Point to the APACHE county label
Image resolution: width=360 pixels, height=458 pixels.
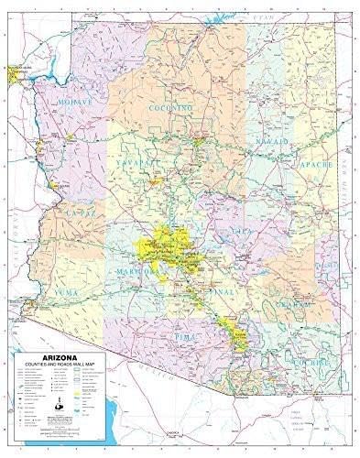[313, 164]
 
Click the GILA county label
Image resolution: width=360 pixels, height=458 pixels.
[242, 233]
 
